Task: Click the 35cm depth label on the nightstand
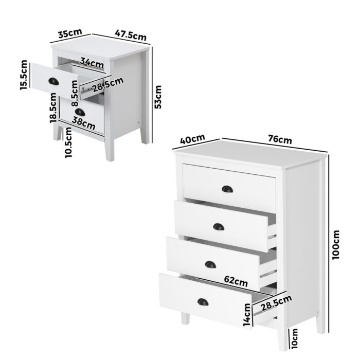coord(69,34)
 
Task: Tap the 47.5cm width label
coord(131,35)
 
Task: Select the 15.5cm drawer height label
coord(24,75)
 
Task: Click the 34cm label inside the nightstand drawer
coord(93,63)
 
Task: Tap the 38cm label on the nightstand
coord(84,123)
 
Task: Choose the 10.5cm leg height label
coord(68,144)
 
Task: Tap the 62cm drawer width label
coord(236,281)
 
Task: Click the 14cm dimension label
coord(247,314)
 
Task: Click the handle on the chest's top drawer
coord(227,189)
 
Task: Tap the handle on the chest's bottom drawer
coord(203,302)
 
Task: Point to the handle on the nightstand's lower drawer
coord(80,112)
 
